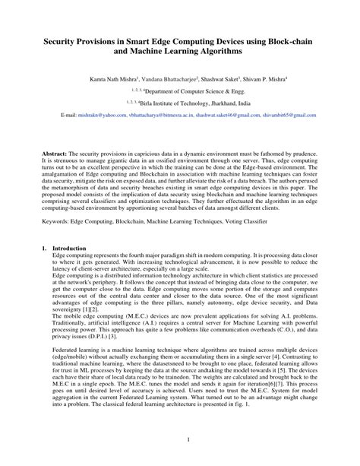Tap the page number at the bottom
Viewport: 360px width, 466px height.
(x=179, y=441)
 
